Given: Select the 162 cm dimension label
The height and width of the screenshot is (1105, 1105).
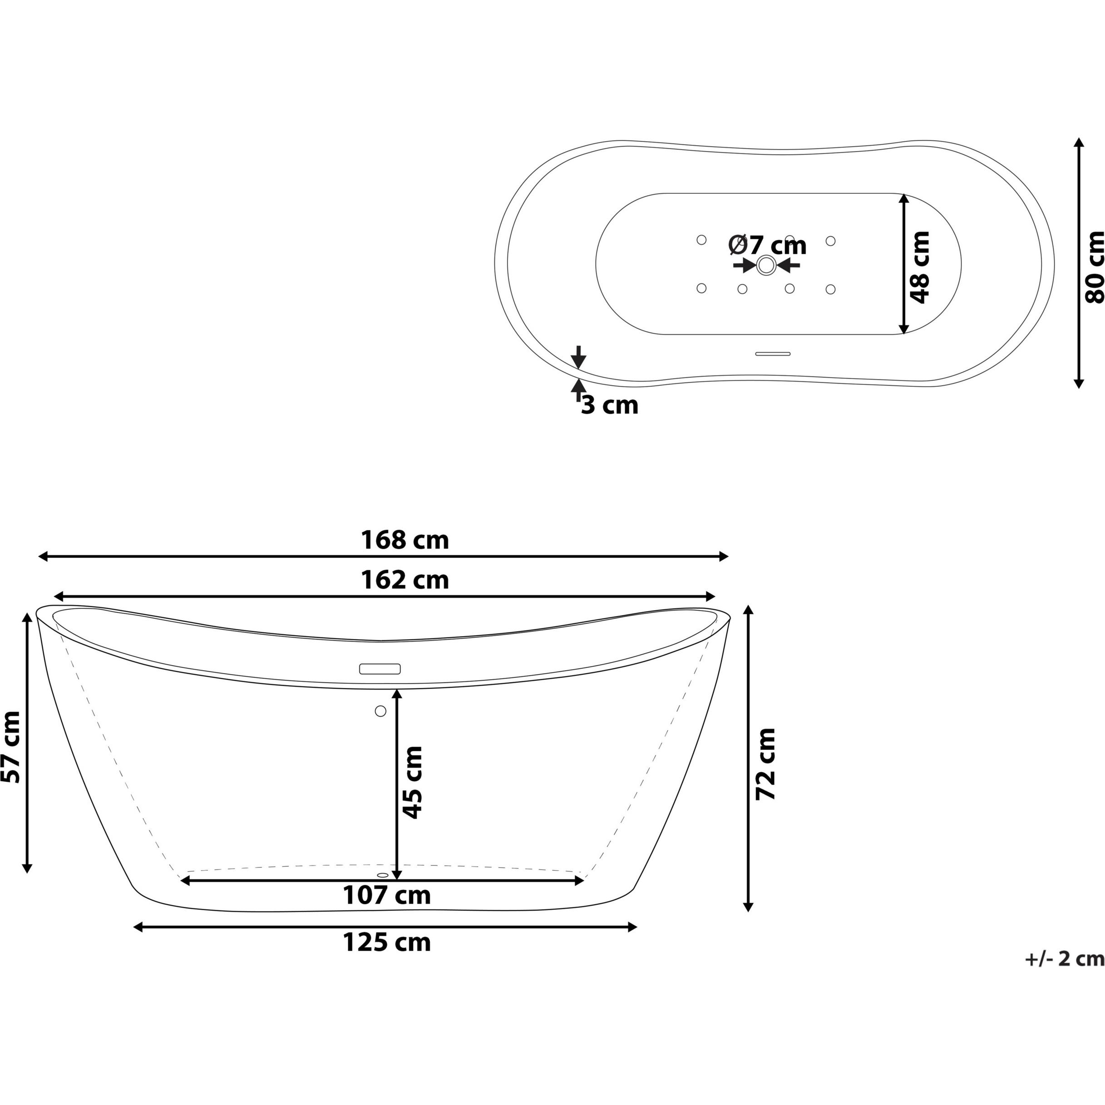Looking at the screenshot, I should (405, 580).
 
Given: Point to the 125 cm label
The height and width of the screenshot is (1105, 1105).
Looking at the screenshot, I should (387, 942).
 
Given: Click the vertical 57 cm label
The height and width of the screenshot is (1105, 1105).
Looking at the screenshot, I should (11, 747).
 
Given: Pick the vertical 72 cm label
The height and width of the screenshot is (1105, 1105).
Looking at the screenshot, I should (765, 764).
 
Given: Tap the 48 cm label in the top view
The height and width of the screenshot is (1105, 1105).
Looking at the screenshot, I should (920, 267).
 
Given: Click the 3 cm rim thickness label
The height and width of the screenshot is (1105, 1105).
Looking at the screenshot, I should (609, 405).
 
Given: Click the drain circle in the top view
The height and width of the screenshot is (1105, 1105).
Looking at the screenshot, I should (766, 265).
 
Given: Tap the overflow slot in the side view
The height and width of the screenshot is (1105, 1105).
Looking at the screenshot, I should (380, 669).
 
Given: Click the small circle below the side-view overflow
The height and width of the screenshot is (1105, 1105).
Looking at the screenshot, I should (380, 711).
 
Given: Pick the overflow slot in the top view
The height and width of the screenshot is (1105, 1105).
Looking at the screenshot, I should (773, 354).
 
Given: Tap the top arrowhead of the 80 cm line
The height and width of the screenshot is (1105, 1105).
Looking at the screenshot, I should (1079, 143).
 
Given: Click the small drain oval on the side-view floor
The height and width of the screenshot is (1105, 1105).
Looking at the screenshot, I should (383, 875).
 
